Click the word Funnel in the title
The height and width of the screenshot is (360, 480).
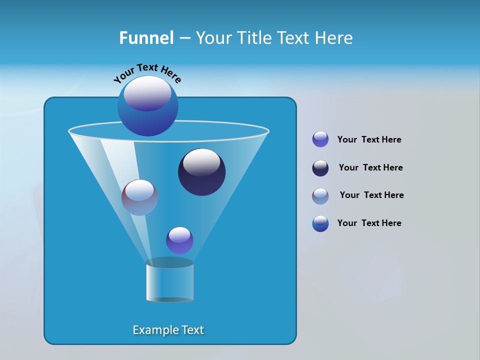coord(146,38)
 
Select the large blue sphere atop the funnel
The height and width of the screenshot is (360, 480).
coord(148,106)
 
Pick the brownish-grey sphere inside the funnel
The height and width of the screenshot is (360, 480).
coord(139,198)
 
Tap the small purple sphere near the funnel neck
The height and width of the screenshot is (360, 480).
coord(179,240)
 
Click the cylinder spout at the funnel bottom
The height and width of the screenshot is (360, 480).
coord(169,281)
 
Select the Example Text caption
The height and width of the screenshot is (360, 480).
coord(168,330)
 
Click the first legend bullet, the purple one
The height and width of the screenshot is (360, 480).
coord(320,139)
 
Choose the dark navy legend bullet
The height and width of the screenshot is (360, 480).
coord(320,168)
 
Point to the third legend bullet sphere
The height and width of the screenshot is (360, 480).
coord(320,196)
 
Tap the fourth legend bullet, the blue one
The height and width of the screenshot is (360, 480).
coord(320,223)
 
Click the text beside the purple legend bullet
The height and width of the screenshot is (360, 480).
coord(369,139)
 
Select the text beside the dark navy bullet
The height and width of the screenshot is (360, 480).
coord(370,167)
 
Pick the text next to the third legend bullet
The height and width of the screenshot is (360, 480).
coord(371,195)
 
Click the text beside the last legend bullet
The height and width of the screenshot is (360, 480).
coord(369,223)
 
